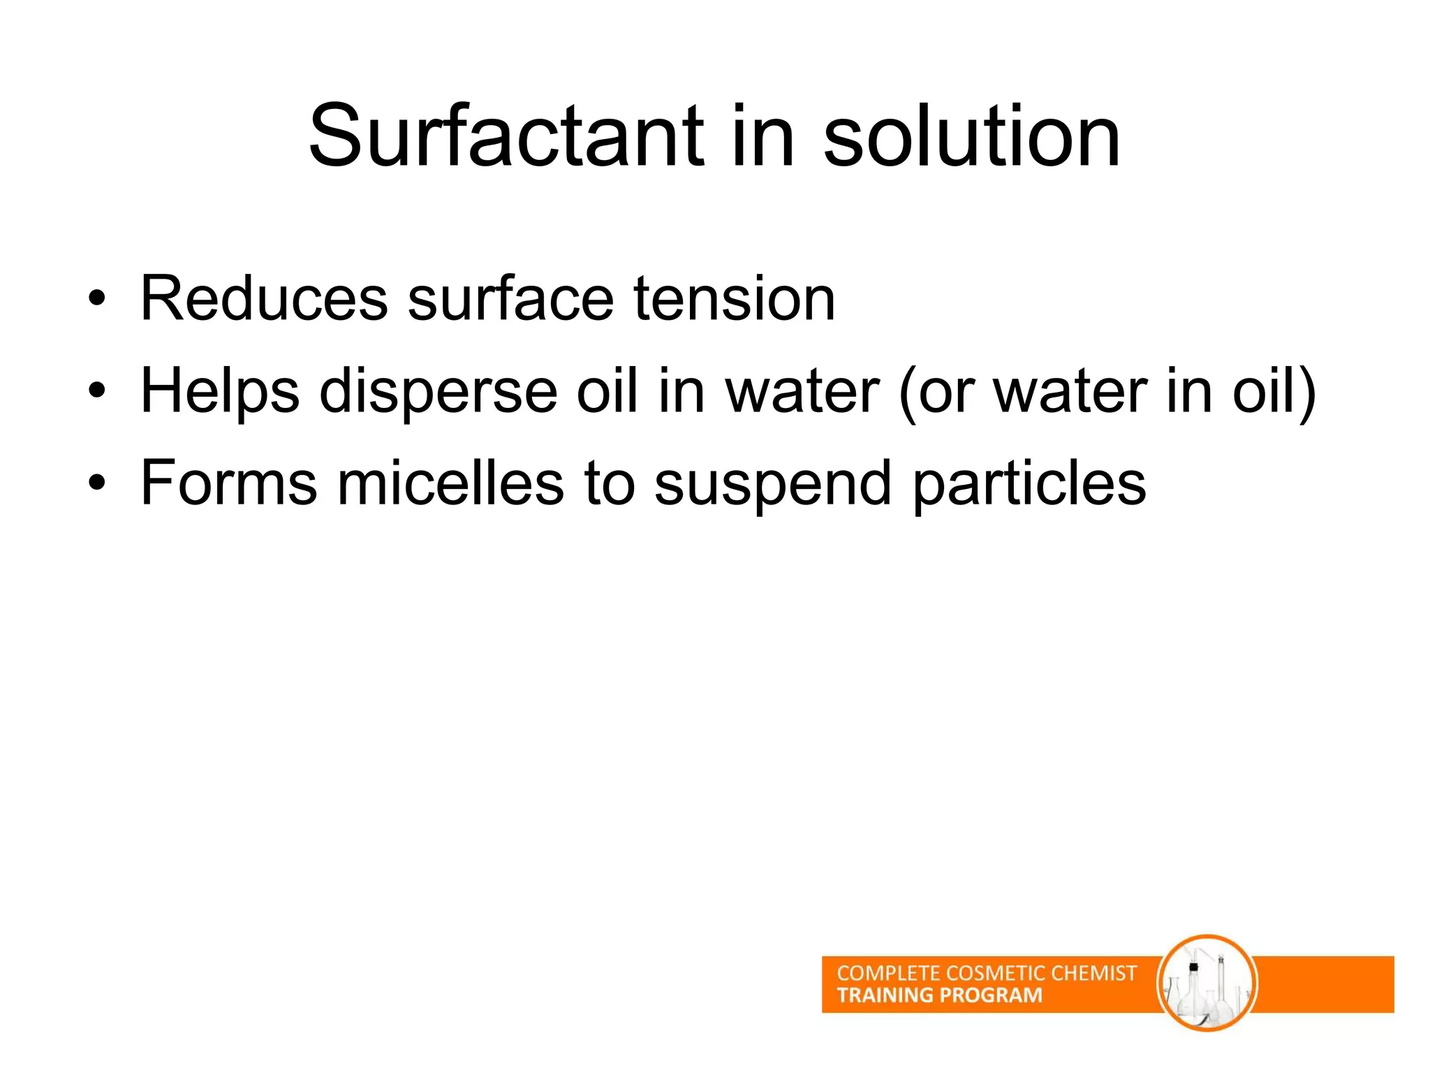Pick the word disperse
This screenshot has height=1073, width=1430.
click(438, 392)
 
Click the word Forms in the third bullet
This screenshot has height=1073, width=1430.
click(228, 483)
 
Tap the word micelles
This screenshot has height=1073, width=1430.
click(450, 483)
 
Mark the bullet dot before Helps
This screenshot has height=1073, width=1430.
click(97, 392)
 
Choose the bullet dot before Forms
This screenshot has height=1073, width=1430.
click(97, 483)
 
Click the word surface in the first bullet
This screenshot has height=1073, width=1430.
click(510, 299)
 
